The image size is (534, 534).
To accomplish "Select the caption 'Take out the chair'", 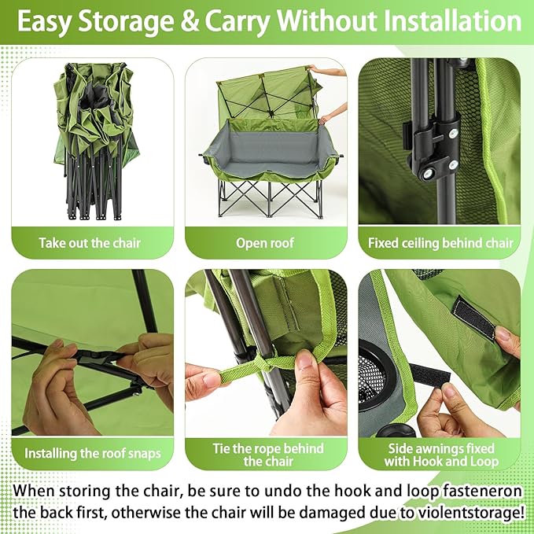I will click(x=90, y=243).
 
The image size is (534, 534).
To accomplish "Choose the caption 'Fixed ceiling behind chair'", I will click(x=440, y=243).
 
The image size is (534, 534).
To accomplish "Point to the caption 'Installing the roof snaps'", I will click(x=91, y=453).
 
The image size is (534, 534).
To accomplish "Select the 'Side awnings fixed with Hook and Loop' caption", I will click(x=440, y=455).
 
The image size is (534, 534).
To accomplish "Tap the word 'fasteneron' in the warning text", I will click(x=473, y=489).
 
